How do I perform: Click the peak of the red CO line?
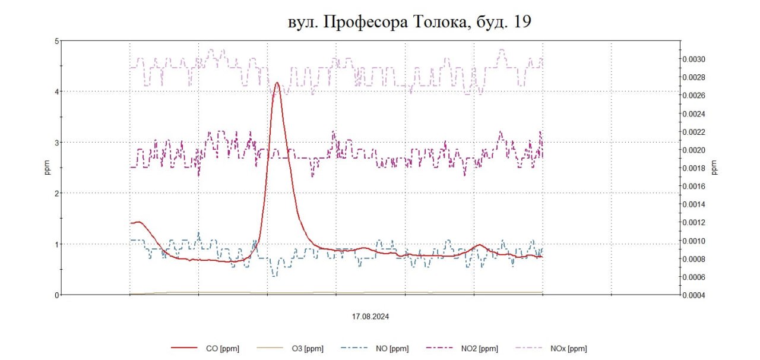276,83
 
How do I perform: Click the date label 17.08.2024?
370,317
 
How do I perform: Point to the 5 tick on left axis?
56,41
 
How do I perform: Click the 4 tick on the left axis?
56,91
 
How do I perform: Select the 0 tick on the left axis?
56,295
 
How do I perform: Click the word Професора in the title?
361,22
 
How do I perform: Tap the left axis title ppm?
47,168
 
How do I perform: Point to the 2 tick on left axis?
56,193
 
